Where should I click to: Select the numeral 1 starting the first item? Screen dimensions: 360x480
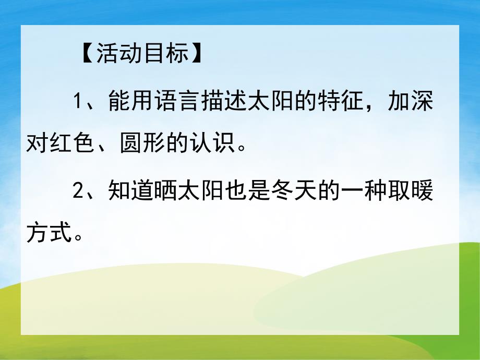click(x=77, y=101)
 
